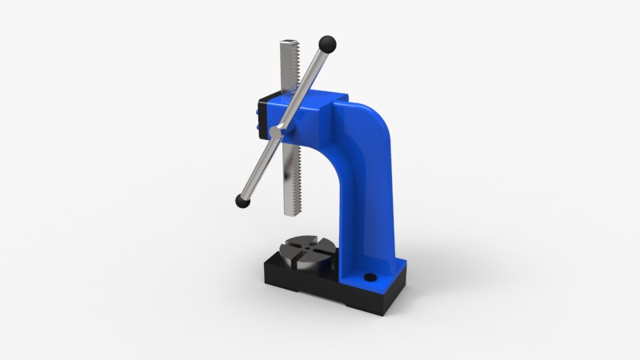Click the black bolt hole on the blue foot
369,278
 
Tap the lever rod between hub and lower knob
258,168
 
